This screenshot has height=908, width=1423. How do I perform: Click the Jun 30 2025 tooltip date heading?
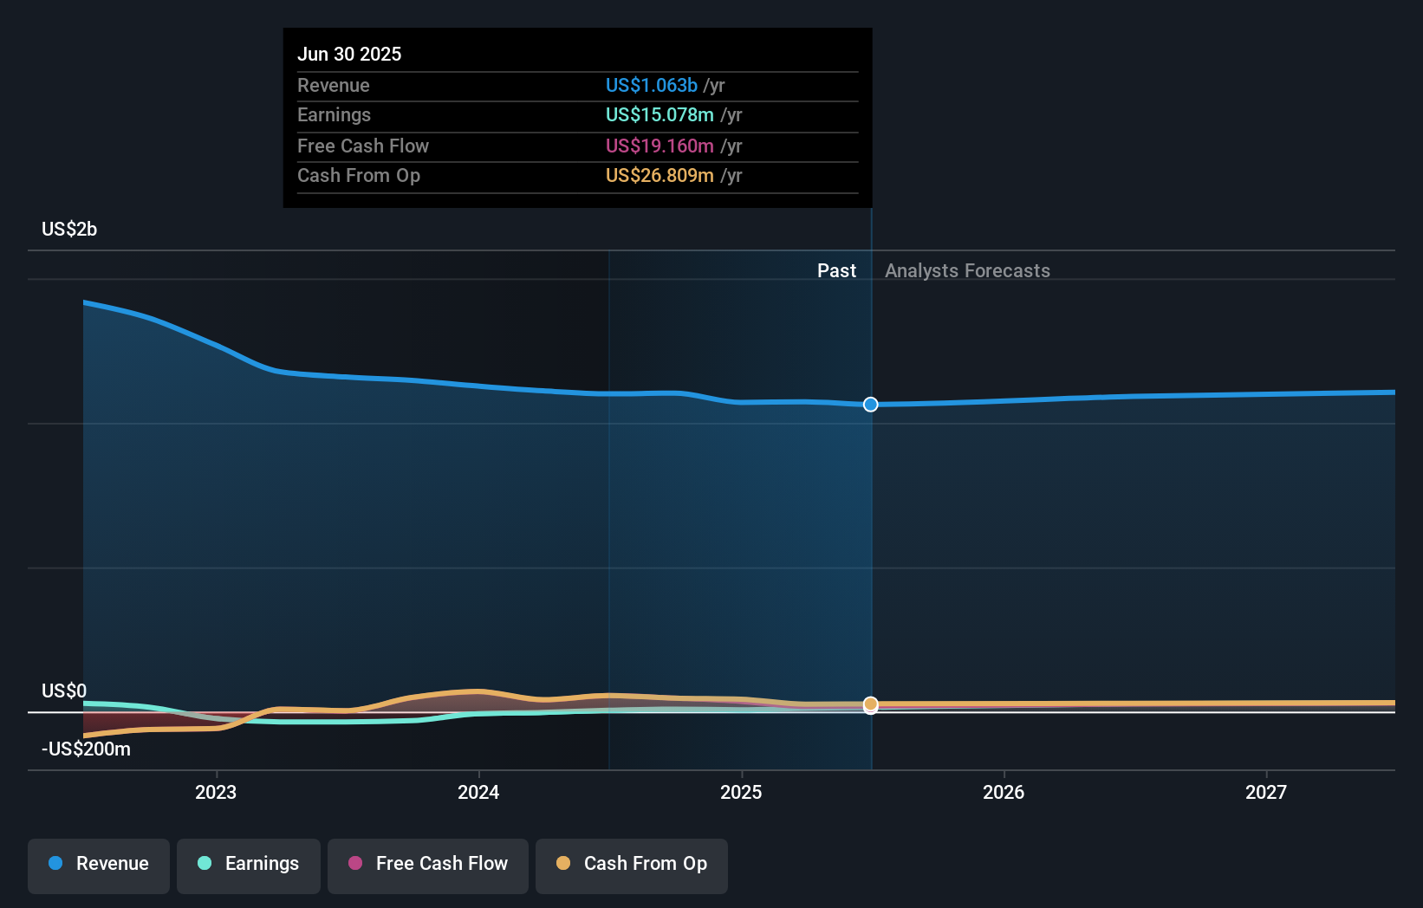(349, 54)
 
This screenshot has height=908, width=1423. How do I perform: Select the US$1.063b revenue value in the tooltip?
(651, 85)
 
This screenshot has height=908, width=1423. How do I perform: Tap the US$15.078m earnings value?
(660, 115)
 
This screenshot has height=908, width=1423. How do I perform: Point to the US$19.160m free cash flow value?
(660, 146)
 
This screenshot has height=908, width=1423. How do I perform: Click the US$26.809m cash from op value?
(660, 176)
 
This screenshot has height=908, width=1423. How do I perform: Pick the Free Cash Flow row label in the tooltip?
(363, 146)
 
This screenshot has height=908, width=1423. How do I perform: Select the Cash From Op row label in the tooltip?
(359, 176)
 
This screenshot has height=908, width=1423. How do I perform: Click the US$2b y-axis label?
(69, 229)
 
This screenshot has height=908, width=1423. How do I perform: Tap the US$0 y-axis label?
(64, 691)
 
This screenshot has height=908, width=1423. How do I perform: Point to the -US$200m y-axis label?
(86, 749)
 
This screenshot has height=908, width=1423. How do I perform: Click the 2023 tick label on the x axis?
(216, 792)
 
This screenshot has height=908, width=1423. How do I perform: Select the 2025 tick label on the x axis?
(741, 792)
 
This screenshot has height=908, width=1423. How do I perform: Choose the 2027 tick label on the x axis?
(1266, 792)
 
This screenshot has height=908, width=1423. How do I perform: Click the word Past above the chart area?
(836, 270)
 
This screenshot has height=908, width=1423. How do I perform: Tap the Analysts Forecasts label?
(967, 270)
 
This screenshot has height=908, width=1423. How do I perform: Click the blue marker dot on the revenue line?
(871, 405)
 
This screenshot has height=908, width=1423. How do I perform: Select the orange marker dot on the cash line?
(871, 704)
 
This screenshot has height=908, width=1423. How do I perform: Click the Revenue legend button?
(99, 865)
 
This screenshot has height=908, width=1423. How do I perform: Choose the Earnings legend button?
(249, 865)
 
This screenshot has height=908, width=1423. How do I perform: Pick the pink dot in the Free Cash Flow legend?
(355, 863)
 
